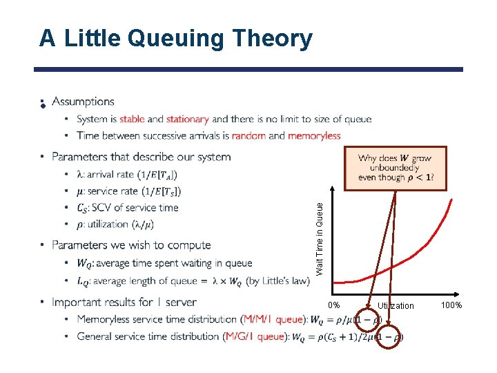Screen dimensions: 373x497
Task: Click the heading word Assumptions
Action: tap(83, 102)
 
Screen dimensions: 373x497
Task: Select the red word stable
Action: tap(132, 119)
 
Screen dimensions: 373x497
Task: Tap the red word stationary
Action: tap(188, 119)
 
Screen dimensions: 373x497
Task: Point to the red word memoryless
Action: tap(314, 136)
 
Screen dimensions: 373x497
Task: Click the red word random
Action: tap(248, 136)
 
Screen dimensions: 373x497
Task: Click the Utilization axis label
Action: tap(396, 306)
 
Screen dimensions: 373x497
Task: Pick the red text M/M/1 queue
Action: tap(273, 320)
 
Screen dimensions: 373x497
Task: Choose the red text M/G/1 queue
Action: tap(255, 337)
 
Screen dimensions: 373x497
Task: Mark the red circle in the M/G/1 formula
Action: tap(390, 337)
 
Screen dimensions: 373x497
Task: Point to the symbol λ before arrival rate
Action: tap(80, 174)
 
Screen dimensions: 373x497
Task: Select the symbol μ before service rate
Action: tap(80, 191)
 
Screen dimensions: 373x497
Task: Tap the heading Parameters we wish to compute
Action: tap(131, 245)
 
